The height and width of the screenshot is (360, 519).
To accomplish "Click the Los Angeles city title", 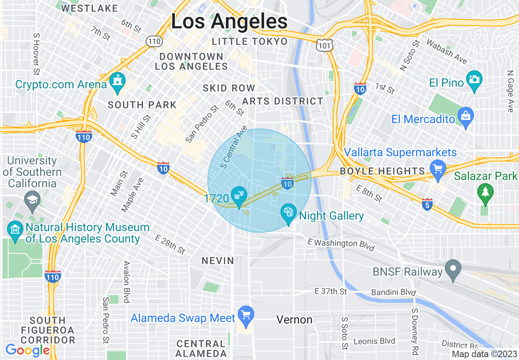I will click(229, 21).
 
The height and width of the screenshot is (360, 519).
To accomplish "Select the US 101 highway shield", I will click(325, 45).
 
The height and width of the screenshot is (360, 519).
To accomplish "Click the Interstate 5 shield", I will click(427, 204).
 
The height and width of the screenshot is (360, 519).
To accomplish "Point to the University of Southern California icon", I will click(32, 200).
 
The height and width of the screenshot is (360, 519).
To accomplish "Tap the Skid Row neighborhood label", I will click(229, 88).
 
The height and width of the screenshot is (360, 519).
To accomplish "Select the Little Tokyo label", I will click(250, 41).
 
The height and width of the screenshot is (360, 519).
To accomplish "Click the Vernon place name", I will click(294, 319).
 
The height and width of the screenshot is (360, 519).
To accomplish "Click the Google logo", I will click(27, 350).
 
